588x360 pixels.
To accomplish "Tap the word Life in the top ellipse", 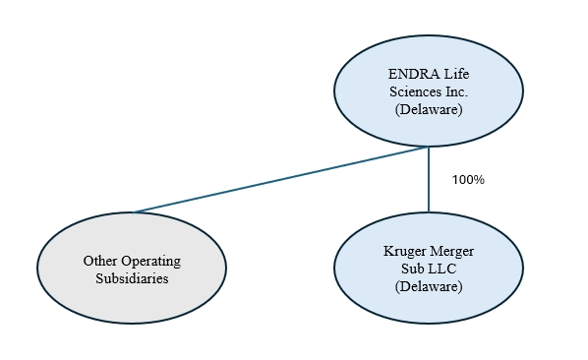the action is point(457,74).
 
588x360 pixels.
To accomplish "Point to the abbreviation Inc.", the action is point(457,91).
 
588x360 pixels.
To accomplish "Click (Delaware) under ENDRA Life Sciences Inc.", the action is point(429,109).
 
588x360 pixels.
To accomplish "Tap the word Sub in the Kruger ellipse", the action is point(412,269).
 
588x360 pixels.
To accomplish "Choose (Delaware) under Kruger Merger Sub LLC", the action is point(429,286).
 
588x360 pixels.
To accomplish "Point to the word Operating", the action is point(151,262).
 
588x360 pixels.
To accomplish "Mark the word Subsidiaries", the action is point(132,278).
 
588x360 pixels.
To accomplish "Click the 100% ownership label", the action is point(468,180).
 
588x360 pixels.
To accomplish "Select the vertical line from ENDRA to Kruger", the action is point(429,179).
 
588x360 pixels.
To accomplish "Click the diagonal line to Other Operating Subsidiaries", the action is point(280,180).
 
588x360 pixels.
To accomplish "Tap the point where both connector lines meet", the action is point(429,147).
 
